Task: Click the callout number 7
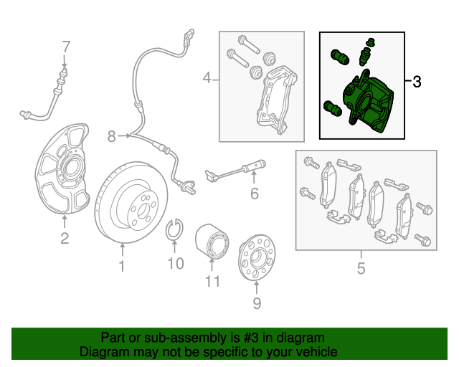pyautogui.click(x=66, y=47)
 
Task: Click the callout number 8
pyautogui.click(x=112, y=135)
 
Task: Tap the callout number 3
pyautogui.click(x=417, y=82)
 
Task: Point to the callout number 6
pyautogui.click(x=254, y=194)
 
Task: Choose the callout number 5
pyautogui.click(x=361, y=269)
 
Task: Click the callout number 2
pyautogui.click(x=65, y=239)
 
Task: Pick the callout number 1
pyautogui.click(x=122, y=267)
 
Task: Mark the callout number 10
pyautogui.click(x=176, y=264)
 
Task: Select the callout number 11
pyautogui.click(x=212, y=281)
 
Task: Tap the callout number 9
pyautogui.click(x=257, y=305)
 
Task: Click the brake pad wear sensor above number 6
pyautogui.click(x=237, y=171)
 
